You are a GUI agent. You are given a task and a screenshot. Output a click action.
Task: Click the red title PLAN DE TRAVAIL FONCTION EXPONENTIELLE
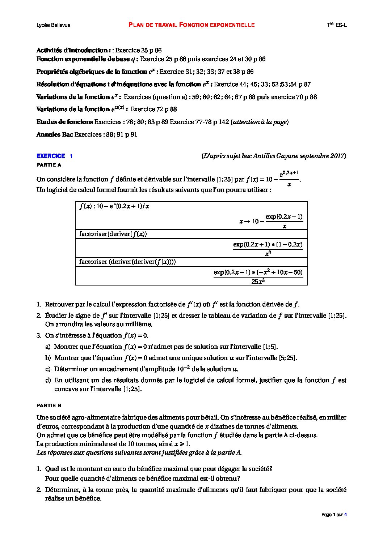tap(191, 25)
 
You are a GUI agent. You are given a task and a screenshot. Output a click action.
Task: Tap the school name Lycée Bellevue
tap(54, 25)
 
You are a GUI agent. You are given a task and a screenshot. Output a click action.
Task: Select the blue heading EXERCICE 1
tap(54, 156)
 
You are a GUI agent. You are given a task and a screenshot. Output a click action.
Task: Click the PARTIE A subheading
tap(49, 165)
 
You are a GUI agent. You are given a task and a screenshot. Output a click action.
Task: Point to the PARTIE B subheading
tap(49, 406)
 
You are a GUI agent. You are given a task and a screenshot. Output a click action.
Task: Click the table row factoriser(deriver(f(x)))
tap(113, 234)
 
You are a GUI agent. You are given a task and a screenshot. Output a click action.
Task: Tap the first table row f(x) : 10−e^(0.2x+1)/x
tap(114, 206)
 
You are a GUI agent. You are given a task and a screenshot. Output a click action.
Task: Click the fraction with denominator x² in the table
tap(268, 249)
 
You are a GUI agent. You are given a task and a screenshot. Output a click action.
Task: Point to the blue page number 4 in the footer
tap(345, 515)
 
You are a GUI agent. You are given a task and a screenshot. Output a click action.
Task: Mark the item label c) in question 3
tap(48, 369)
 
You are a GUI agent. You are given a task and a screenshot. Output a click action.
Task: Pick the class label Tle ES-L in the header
tap(337, 25)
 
